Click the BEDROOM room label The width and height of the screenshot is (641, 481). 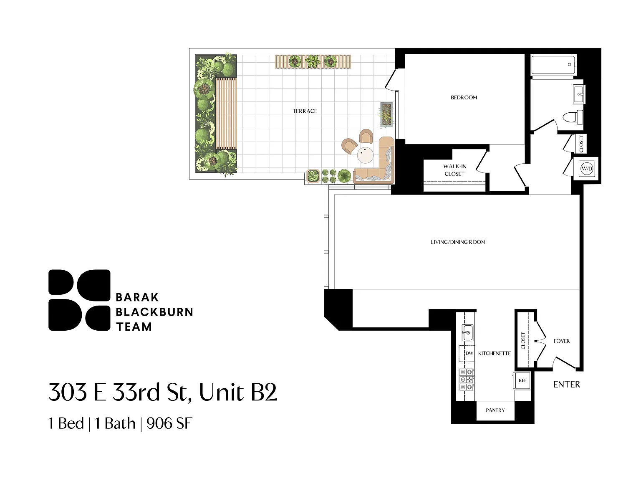tap(464, 98)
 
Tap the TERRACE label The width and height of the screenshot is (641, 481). tap(305, 111)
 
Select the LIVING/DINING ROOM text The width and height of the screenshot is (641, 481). tap(458, 242)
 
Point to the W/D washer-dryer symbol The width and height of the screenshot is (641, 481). tap(587, 169)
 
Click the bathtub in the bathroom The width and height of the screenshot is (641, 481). tap(553, 65)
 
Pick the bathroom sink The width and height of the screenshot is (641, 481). tap(579, 94)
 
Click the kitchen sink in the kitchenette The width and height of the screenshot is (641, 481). tap(467, 333)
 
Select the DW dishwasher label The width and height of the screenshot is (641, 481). tap(469, 353)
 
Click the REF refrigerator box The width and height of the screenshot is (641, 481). tap(522, 380)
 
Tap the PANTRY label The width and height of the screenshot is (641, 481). tap(495, 410)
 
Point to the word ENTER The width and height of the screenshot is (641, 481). tap(567, 384)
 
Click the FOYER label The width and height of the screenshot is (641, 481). tap(562, 341)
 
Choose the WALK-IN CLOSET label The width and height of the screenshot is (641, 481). tap(455, 170)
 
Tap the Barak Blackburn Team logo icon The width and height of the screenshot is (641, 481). tap(79, 300)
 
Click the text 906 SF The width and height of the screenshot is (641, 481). tap(169, 423)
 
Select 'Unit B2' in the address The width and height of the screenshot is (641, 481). tap(238, 392)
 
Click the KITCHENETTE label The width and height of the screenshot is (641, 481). tap(495, 353)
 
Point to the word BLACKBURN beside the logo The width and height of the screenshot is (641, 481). tap(154, 312)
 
